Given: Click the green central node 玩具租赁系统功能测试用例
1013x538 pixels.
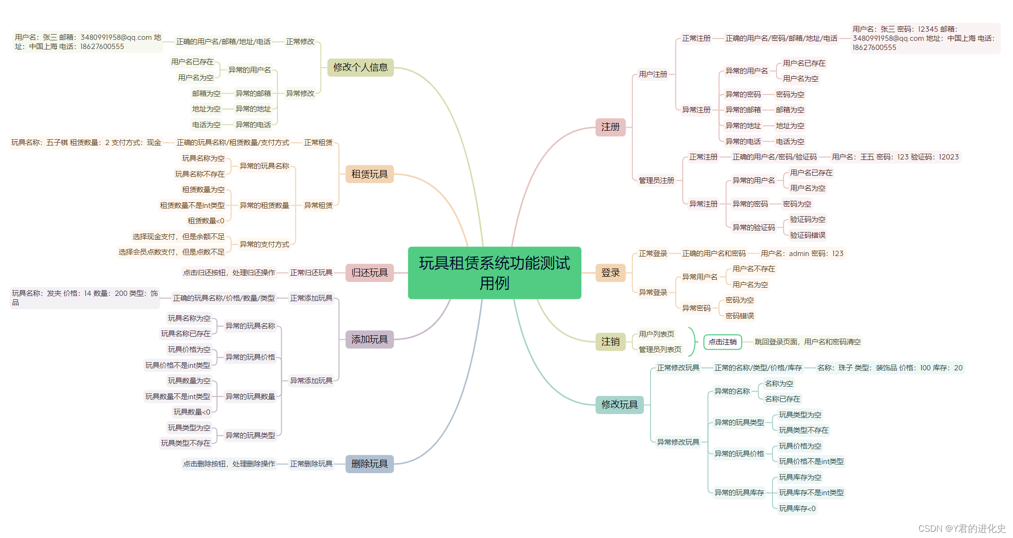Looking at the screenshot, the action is coord(494,273).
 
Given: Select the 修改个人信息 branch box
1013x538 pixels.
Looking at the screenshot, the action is coord(360,67).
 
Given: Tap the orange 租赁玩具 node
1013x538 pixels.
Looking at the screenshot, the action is coord(369,174).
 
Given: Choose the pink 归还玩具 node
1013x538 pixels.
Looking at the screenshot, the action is coord(369,273).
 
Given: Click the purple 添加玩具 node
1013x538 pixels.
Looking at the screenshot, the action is coord(369,340).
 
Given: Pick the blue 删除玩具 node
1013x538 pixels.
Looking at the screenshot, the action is coord(369,464).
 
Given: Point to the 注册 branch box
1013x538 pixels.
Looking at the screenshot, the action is coord(610,127).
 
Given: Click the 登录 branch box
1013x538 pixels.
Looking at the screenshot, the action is coord(610,273).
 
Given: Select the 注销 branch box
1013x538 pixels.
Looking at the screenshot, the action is coord(610,342).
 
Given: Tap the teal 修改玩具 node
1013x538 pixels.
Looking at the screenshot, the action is coord(619,405).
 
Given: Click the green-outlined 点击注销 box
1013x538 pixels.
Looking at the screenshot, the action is coord(723,342).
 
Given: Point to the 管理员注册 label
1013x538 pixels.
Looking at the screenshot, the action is coord(656,181).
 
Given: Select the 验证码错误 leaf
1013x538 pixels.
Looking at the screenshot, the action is coord(808,235).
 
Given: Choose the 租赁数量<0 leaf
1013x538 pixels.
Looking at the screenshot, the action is coord(205,221).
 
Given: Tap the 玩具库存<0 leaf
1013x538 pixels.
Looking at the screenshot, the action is coord(797,509).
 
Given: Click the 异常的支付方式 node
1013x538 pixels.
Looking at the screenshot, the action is coord(264,245).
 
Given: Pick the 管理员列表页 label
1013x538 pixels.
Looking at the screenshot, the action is coord(660,350).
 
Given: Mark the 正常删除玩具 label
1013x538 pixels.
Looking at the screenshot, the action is coord(311,464).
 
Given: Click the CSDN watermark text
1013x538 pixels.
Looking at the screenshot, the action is coord(962,528).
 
